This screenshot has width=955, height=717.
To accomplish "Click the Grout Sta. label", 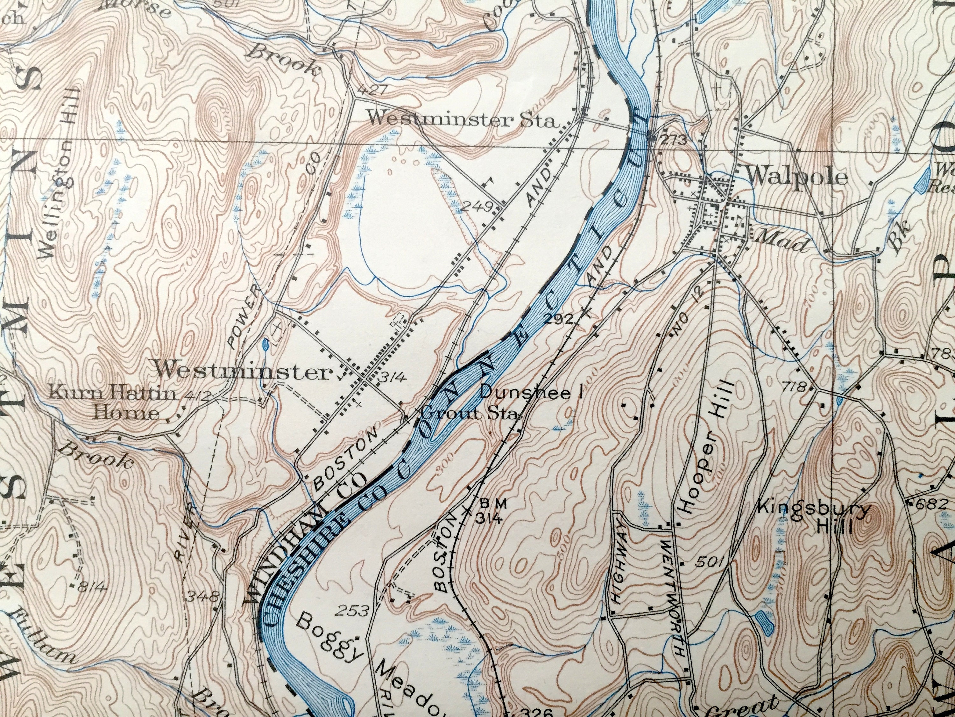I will coord(470,414).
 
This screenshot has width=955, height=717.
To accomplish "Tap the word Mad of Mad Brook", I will coord(780,245).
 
